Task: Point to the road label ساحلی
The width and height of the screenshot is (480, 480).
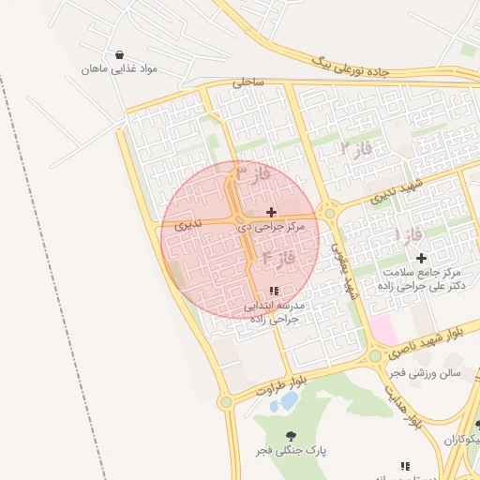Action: (x=248, y=82)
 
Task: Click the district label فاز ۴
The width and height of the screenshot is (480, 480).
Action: (x=278, y=255)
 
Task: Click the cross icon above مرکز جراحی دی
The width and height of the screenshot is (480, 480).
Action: (x=272, y=212)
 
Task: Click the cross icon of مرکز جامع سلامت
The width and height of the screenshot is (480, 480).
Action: (x=421, y=258)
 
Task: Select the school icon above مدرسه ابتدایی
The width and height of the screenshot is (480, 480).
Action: (x=274, y=292)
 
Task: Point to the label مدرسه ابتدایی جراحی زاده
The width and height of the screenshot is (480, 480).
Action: (x=273, y=312)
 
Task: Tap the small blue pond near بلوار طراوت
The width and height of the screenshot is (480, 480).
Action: (x=289, y=401)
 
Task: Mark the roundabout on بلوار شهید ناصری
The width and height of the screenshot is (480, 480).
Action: (x=375, y=356)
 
